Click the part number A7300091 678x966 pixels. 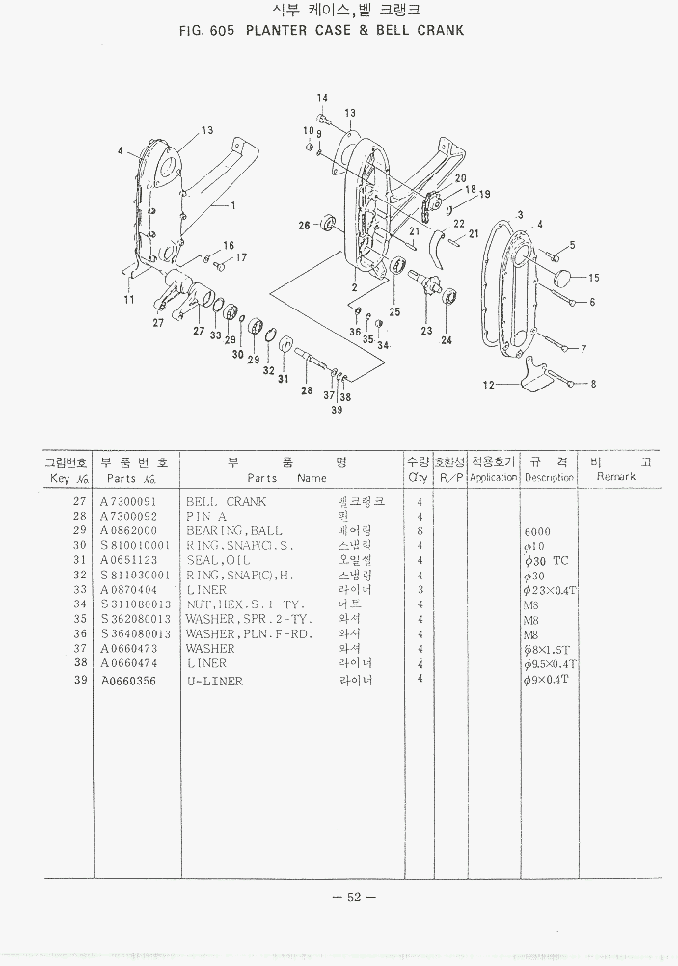[x=128, y=502]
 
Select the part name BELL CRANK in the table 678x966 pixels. [x=226, y=502]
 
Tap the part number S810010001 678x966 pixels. [x=135, y=546]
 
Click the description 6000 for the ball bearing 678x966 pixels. [x=537, y=531]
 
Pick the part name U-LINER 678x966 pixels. [x=214, y=681]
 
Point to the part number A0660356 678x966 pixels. [x=128, y=680]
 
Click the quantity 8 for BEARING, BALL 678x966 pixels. [x=420, y=531]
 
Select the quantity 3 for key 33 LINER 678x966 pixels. [x=420, y=590]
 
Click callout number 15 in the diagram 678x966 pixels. [x=593, y=278]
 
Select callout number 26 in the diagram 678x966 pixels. [x=304, y=226]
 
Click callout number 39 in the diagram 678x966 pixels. [x=337, y=410]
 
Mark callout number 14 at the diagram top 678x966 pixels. [x=322, y=98]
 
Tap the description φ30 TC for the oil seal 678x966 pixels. [x=547, y=560]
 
